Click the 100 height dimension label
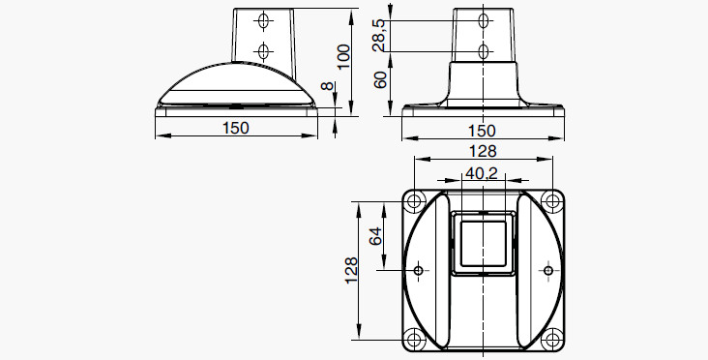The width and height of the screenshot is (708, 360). coord(344,56)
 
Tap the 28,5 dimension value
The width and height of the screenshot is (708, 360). coord(379,35)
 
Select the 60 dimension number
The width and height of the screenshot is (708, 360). coord(381,80)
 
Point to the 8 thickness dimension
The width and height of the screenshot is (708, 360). coord(328,86)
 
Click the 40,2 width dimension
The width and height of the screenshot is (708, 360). coord(482,173)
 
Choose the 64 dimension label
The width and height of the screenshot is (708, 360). coord(375,236)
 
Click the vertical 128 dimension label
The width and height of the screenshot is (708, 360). coord(351,271)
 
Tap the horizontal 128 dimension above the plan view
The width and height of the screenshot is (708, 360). coord(483,151)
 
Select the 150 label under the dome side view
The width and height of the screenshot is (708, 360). coord(236,128)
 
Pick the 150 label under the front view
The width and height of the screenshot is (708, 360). coord(482,131)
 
